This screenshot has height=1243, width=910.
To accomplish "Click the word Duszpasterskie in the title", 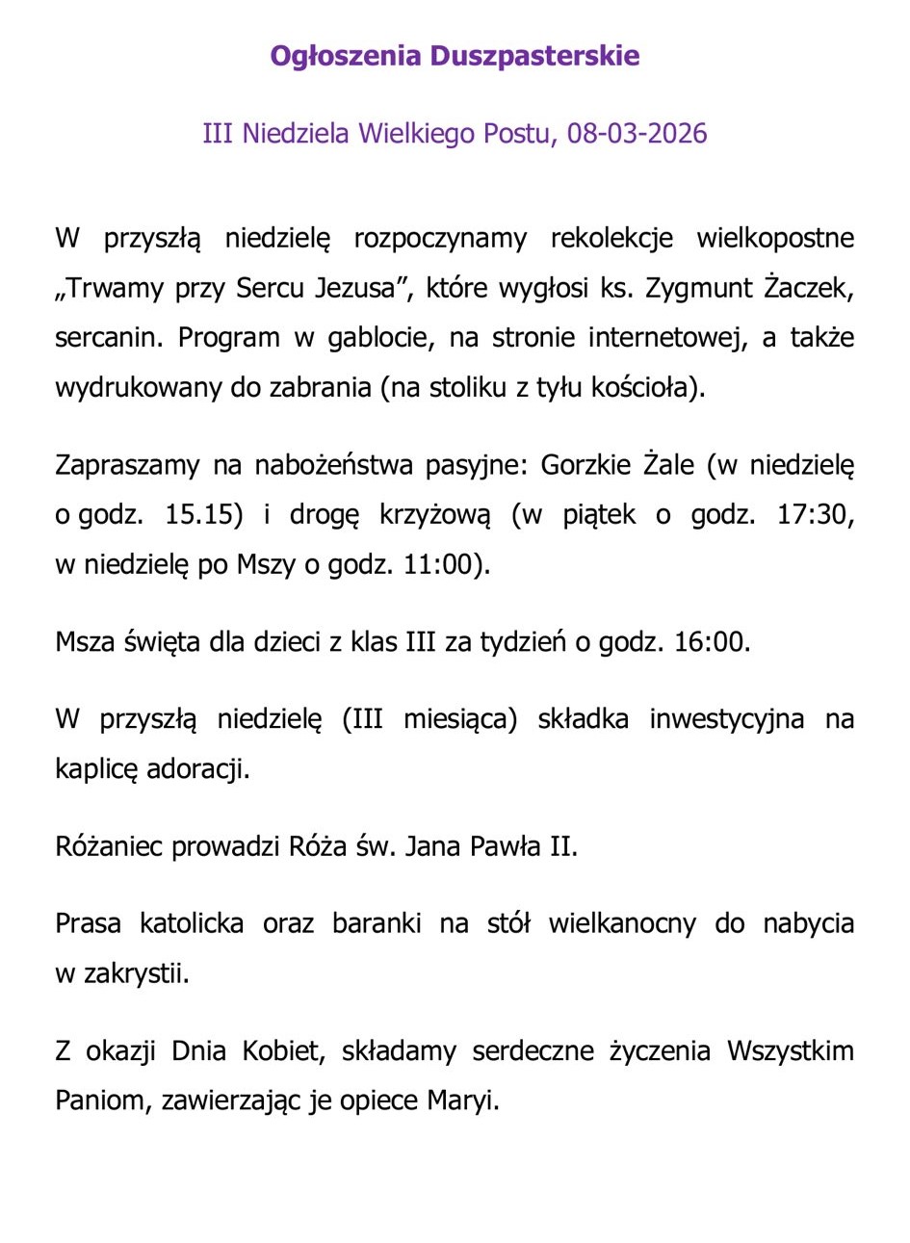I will coord(534,56).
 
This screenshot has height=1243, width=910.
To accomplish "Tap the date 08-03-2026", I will coord(637,133).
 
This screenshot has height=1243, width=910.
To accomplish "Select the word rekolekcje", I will coord(611,238).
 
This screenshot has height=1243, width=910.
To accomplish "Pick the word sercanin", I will coord(109,338).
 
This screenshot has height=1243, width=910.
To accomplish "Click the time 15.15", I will coord(203,514).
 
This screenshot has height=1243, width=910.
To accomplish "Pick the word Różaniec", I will coord(109,846).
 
